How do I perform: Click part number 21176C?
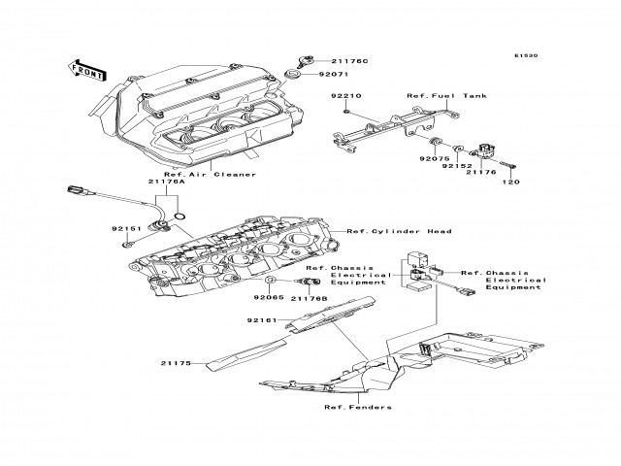click(325, 61)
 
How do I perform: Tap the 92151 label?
click(126, 230)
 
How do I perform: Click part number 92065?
click(269, 298)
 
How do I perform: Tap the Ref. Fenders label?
click(358, 407)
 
